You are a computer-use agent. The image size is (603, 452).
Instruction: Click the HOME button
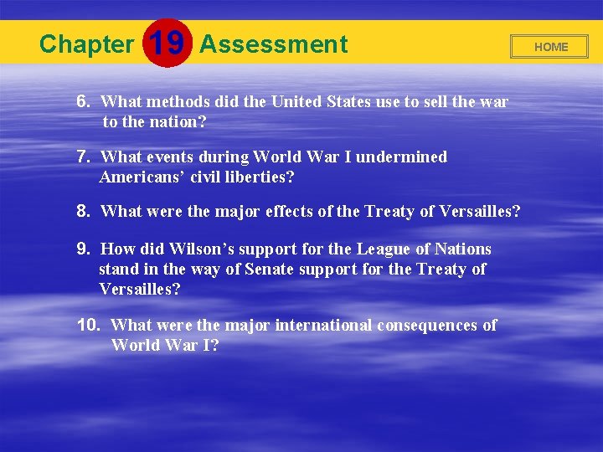(x=550, y=47)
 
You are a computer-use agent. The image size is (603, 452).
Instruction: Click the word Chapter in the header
(x=86, y=44)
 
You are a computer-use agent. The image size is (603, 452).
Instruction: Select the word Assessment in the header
(x=273, y=44)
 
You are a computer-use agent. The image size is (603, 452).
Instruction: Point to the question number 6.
(x=83, y=101)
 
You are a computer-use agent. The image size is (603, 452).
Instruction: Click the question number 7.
(x=83, y=157)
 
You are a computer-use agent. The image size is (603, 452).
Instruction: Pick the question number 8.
(x=83, y=212)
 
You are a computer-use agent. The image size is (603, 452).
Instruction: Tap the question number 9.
(x=83, y=249)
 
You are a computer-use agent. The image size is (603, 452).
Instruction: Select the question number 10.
(x=89, y=325)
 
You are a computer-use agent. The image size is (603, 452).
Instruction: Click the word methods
(x=178, y=102)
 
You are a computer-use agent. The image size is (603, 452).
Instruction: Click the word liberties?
(x=257, y=177)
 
